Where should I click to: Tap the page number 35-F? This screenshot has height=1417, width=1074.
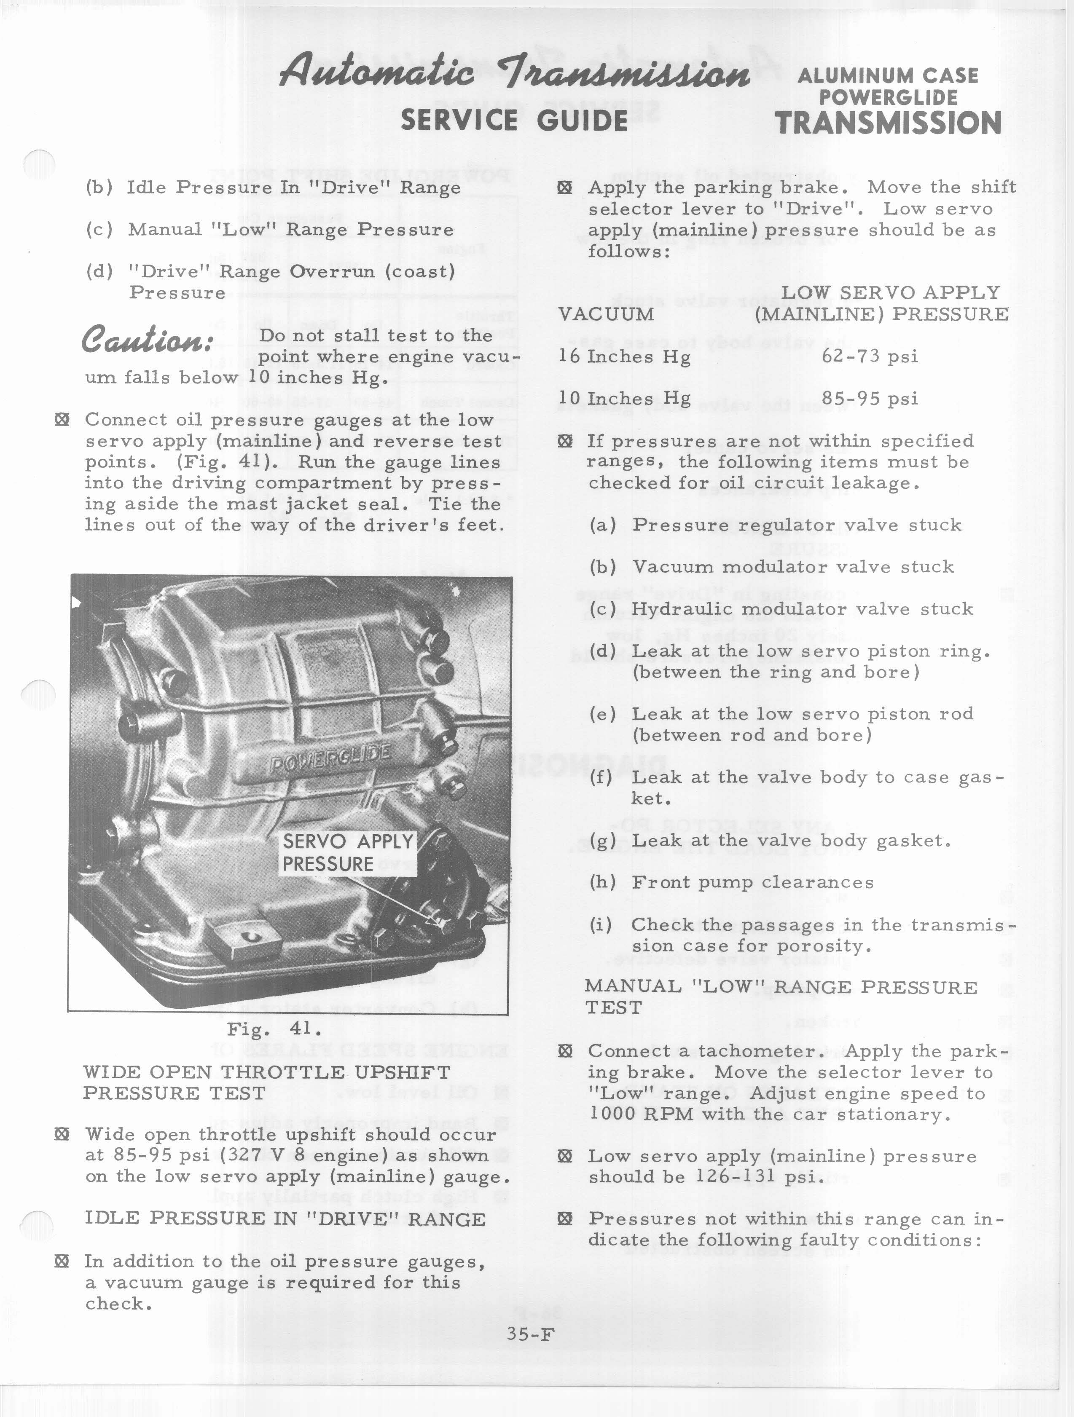tap(529, 1334)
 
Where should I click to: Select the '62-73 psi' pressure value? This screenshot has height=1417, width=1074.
tap(870, 356)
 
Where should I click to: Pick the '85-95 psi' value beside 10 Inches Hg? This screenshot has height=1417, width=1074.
tap(870, 399)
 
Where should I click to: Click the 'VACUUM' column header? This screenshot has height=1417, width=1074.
tap(606, 314)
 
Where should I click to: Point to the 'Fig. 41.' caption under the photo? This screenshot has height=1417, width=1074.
tap(273, 1029)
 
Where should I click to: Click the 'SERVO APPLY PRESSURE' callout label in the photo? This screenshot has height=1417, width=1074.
tap(348, 853)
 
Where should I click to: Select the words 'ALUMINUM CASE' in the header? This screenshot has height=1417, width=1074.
tap(888, 75)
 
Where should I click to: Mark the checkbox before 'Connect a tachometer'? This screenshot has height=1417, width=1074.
tap(564, 1051)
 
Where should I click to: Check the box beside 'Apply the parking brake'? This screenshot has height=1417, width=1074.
tap(564, 188)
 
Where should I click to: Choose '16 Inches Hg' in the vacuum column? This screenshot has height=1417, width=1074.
tap(624, 357)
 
